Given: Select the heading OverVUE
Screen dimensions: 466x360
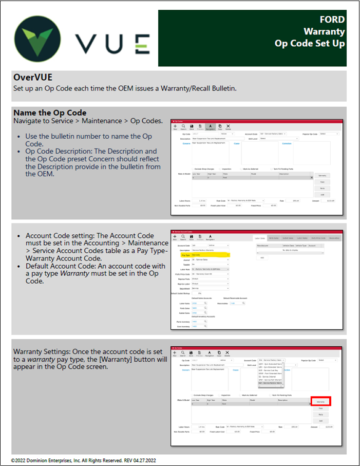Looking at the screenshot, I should click(x=32, y=78).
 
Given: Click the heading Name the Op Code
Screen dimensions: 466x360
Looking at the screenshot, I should click(x=50, y=113).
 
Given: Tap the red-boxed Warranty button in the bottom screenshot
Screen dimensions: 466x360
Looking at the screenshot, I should click(x=320, y=401).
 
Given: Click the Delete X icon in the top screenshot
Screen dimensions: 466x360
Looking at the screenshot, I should click(x=228, y=126).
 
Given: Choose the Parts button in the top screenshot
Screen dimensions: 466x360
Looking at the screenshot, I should click(x=321, y=188).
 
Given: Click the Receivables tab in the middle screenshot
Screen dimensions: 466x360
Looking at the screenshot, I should click(x=334, y=238).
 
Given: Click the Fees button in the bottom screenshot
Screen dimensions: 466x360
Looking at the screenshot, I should click(x=320, y=408).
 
